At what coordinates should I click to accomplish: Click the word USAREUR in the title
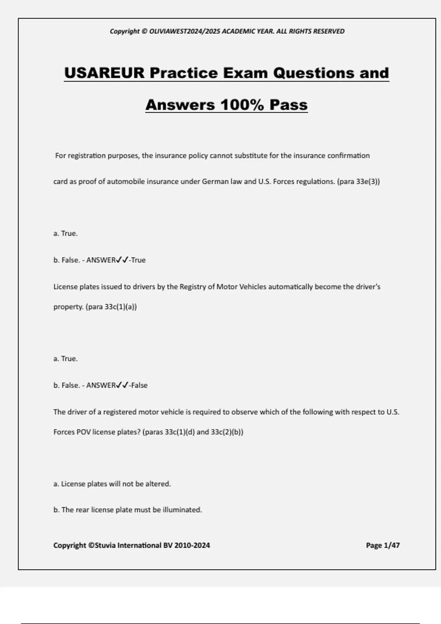pyautogui.click(x=104, y=73)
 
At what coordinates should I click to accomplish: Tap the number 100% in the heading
pyautogui.click(x=242, y=105)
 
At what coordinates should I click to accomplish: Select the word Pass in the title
pyautogui.click(x=288, y=105)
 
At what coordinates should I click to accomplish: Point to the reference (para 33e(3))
pyautogui.click(x=358, y=182)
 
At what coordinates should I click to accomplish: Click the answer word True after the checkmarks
pyautogui.click(x=138, y=260)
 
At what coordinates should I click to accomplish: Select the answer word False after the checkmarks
pyautogui.click(x=139, y=385)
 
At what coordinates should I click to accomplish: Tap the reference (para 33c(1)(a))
pyautogui.click(x=111, y=307)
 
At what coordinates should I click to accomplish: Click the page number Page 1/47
pyautogui.click(x=383, y=545)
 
